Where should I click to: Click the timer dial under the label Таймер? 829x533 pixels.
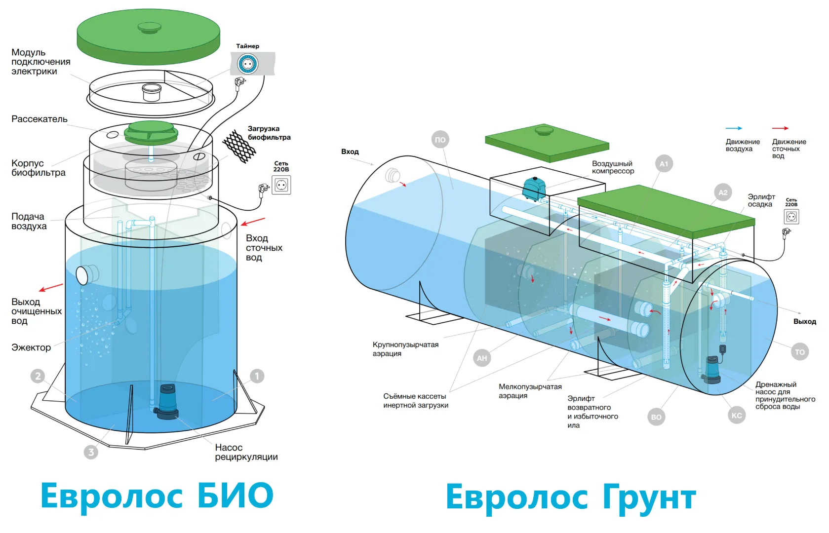[x=247, y=64]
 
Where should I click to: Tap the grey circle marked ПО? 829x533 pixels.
[x=440, y=140]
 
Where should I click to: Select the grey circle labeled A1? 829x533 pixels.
[x=664, y=164]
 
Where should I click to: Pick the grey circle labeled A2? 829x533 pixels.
[x=723, y=192]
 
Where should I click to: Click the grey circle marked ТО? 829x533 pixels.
[x=800, y=352]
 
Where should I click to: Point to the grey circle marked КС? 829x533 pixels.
[x=737, y=416]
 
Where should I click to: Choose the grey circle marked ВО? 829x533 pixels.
[x=656, y=417]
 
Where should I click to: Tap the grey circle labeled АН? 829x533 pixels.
[x=482, y=358]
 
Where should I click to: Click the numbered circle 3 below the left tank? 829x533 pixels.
[x=91, y=452]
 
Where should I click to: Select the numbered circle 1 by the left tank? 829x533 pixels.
[x=257, y=376]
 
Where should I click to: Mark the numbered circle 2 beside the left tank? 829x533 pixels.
[x=38, y=376]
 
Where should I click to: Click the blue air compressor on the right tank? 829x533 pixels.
[x=534, y=189]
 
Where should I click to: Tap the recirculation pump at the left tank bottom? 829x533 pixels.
[x=166, y=402]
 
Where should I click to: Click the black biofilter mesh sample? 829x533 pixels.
[x=238, y=147]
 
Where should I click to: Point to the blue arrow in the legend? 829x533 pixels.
[x=734, y=128]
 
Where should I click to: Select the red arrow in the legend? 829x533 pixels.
[x=780, y=128]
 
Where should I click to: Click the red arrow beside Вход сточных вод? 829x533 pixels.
[x=253, y=222]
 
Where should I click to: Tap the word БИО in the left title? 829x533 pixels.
[x=236, y=495]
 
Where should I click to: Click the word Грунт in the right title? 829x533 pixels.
[x=649, y=497]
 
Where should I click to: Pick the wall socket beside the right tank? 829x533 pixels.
[x=791, y=217]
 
